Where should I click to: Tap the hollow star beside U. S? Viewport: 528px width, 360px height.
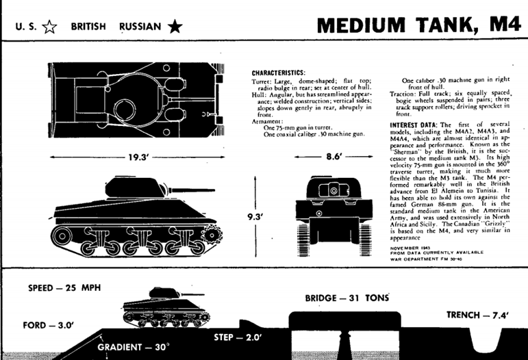49,27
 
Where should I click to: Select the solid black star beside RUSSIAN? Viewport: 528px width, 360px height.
175,27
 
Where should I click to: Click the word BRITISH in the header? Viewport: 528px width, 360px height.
87,27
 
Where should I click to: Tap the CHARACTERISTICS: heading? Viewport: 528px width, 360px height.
278,73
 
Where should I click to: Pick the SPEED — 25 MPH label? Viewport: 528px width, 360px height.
63,287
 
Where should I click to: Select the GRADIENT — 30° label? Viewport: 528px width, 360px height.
133,346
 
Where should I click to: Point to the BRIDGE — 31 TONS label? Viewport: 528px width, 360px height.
347,298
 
